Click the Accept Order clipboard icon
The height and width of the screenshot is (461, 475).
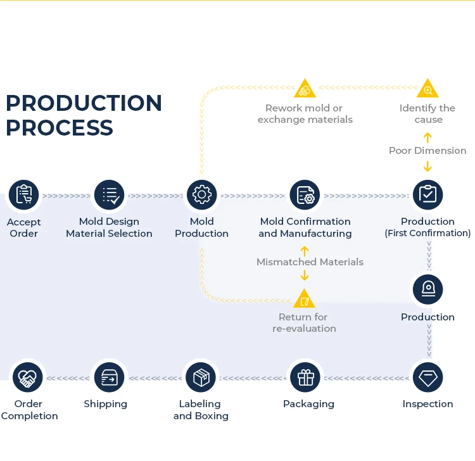(x=23, y=195)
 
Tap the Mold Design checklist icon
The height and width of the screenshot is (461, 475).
(x=110, y=195)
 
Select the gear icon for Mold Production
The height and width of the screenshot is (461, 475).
(x=202, y=195)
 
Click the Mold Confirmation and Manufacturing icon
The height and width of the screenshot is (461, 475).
(x=305, y=195)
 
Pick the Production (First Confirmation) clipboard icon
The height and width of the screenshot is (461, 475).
(x=427, y=195)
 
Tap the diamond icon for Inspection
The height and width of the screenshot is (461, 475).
(x=427, y=377)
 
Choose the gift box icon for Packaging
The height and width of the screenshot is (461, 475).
(x=305, y=377)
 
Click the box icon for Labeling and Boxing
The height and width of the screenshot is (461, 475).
(x=201, y=377)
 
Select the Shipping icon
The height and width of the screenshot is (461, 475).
(x=110, y=377)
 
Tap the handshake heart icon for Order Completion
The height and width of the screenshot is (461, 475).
(x=28, y=377)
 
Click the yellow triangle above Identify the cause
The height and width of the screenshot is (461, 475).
(x=427, y=89)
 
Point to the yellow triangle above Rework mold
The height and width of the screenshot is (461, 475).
(x=305, y=89)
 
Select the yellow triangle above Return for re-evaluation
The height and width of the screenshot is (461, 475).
(x=305, y=299)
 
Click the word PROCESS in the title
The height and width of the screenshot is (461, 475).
(x=60, y=127)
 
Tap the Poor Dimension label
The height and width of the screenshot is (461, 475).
(x=427, y=151)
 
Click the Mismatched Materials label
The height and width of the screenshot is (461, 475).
(x=310, y=262)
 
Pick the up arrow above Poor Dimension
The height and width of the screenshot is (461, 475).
(x=427, y=137)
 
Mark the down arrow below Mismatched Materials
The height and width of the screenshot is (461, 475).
(x=305, y=275)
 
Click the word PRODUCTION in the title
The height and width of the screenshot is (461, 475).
(x=84, y=103)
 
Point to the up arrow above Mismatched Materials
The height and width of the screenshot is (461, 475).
(x=305, y=251)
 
